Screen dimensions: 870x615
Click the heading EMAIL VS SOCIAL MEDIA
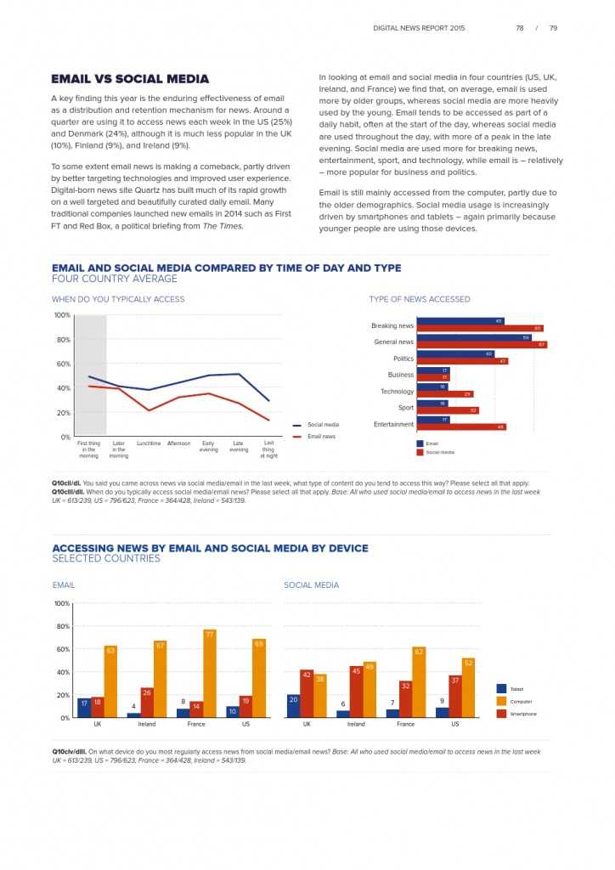point(130,79)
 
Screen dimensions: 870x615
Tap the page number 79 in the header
point(553,28)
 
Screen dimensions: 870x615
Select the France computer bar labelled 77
point(210,674)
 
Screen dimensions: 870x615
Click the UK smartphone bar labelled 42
point(307,693)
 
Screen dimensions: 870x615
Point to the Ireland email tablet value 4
point(133,707)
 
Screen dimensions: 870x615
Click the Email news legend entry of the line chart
point(320,437)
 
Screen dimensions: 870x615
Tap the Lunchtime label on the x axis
point(149,443)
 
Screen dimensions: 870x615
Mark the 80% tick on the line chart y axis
point(62,340)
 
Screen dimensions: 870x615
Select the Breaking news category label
point(392,325)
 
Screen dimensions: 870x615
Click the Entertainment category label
point(393,424)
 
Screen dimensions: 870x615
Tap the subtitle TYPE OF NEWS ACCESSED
point(419,299)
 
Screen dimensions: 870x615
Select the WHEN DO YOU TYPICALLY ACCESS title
point(118,299)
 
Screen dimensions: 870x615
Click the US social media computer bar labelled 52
point(468,687)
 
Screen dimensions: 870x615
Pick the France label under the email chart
point(196,724)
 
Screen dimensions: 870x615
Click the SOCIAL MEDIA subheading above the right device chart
point(311,585)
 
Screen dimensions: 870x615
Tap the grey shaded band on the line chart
point(91,374)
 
